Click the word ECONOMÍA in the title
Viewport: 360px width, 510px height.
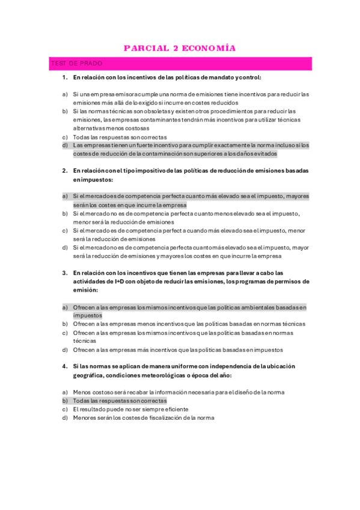coord(208,48)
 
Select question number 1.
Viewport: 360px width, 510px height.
coord(64,78)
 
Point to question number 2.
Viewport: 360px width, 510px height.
coord(64,171)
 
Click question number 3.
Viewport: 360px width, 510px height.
coord(64,272)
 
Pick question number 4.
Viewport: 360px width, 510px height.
coord(64,366)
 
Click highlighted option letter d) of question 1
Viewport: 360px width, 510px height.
coord(64,145)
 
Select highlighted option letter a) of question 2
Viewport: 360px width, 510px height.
coord(64,196)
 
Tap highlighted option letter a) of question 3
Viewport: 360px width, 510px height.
coord(64,307)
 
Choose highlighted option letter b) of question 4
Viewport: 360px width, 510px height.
coord(64,401)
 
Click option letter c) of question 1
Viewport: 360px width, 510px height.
coord(64,137)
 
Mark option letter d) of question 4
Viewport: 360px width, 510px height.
coord(64,417)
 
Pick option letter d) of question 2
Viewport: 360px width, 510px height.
coord(64,247)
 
